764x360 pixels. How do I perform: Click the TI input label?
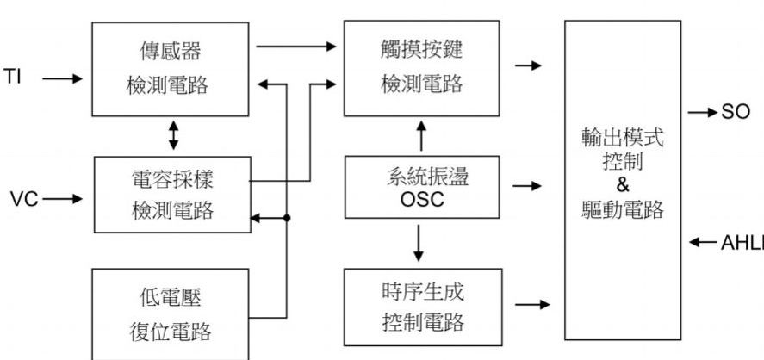[x=12, y=78]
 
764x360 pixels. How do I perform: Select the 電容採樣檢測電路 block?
[x=171, y=194]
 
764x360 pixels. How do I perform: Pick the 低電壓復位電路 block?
[x=171, y=313]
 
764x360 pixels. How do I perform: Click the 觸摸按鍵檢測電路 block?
[x=420, y=68]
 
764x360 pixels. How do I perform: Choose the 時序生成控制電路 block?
[x=420, y=307]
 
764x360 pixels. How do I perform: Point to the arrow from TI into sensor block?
[x=62, y=78]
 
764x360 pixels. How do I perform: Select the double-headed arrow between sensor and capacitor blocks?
[x=174, y=136]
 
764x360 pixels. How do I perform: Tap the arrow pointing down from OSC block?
[x=420, y=244]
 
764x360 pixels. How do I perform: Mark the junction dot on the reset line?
[x=286, y=219]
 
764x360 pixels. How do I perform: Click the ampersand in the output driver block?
[x=623, y=184]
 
